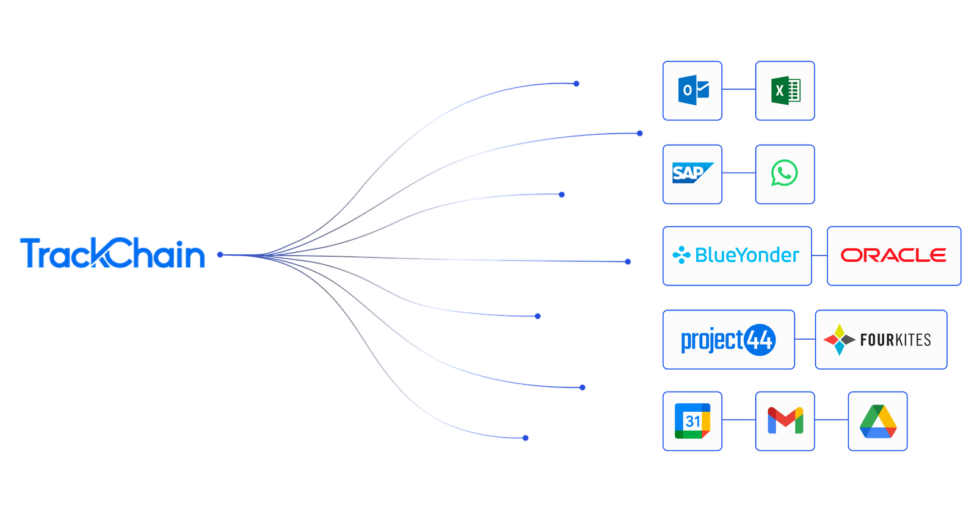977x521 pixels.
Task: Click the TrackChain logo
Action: [x=112, y=253]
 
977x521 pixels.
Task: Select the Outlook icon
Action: [x=693, y=90]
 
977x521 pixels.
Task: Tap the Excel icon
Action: [x=785, y=91]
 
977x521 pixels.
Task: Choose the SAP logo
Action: [x=692, y=173]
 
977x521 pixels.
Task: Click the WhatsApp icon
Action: [x=785, y=173]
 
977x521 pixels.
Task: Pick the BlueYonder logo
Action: [x=736, y=255]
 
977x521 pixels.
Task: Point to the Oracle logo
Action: [x=893, y=255]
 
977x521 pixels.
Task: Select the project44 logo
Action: [x=728, y=340]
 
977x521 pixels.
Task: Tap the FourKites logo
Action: [x=877, y=340]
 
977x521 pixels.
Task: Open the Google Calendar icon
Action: [x=692, y=421]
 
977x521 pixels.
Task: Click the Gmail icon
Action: [x=785, y=420]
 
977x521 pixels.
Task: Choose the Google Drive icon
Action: [x=878, y=421]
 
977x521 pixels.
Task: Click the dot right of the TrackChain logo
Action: [x=220, y=255]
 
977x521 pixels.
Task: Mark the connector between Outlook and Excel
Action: [x=739, y=89]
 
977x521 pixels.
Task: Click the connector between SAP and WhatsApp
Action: [x=739, y=173]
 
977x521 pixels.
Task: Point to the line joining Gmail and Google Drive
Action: [x=831, y=420]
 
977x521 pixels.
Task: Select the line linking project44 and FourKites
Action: [x=805, y=339]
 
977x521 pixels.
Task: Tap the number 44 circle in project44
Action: [x=760, y=340]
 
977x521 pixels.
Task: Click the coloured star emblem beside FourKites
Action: [x=839, y=340]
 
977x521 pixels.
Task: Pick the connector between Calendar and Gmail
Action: [x=739, y=420]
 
